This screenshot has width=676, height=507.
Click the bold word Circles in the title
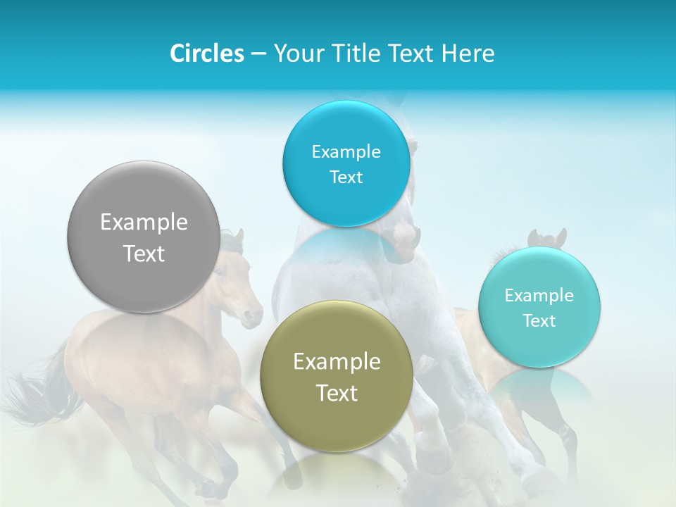206,54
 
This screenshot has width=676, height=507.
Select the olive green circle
337,415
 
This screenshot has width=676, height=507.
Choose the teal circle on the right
539,345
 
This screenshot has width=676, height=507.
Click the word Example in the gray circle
144,223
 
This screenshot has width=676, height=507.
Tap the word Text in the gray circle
144,254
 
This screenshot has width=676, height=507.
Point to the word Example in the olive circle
337,362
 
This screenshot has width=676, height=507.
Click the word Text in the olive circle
337,393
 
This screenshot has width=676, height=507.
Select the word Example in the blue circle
346,152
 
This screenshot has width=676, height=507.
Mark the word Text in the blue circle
346,177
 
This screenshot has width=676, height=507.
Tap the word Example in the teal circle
539,296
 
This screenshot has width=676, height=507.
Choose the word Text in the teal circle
539,321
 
